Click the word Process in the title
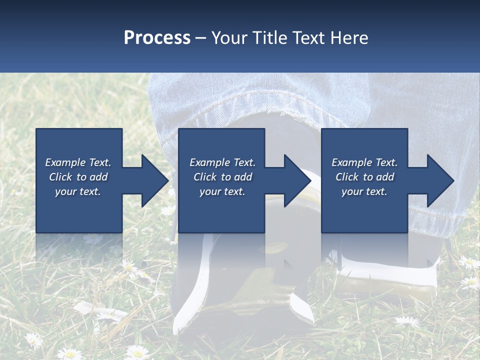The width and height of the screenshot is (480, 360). click(157, 38)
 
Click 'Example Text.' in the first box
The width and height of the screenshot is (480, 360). click(78, 162)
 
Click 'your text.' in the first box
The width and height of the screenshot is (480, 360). click(78, 191)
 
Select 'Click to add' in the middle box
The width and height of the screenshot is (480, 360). click(222, 177)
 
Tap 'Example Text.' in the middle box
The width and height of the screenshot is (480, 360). click(222, 162)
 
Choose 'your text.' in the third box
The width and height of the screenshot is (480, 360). click(364, 191)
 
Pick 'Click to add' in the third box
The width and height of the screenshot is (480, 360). click(364, 177)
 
